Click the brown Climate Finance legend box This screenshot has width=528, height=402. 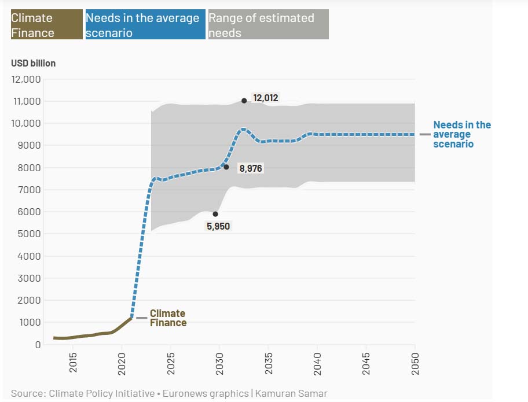tap(46, 25)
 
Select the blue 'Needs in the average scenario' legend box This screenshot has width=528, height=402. tap(145, 25)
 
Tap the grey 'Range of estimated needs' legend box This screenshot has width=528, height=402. tap(268, 25)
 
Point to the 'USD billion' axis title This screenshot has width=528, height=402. tap(34, 63)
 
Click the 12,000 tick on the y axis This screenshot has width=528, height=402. tap(26, 79)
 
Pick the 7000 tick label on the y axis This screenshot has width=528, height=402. tap(29, 190)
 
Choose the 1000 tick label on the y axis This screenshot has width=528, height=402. tap(30, 322)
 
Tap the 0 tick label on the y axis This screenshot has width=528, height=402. tap(38, 345)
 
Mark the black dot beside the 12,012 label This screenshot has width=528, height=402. tap(244, 101)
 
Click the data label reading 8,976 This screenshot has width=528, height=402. tap(251, 168)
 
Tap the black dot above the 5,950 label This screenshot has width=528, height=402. tap(215, 214)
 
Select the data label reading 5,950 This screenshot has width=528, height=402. tap(218, 226)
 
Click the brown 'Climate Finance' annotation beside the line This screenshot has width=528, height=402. tap(168, 318)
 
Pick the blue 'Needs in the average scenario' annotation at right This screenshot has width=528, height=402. tap(461, 134)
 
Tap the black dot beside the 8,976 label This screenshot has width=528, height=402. tap(226, 167)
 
